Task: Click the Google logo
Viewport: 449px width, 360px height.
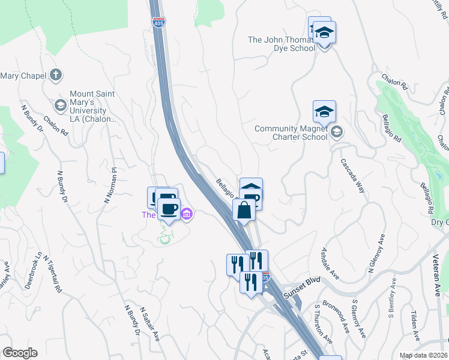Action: click(x=19, y=353)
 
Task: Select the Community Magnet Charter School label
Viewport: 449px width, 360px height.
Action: click(x=291, y=133)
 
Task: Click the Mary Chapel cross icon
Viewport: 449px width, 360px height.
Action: click(x=56, y=75)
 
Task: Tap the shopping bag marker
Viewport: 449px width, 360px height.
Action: click(x=244, y=211)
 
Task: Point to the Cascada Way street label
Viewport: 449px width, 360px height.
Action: click(x=353, y=176)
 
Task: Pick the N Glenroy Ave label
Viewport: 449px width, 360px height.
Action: click(x=376, y=251)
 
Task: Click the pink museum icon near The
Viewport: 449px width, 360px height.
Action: click(x=186, y=214)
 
